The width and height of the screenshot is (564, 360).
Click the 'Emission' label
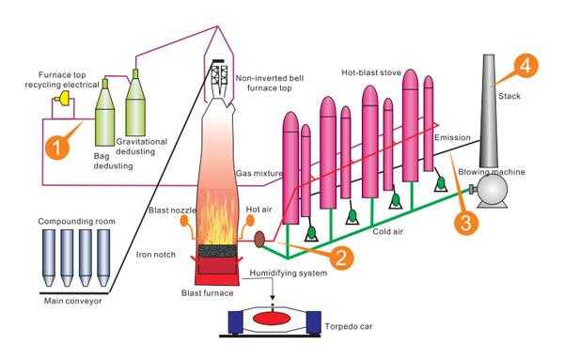coord(453,138)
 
